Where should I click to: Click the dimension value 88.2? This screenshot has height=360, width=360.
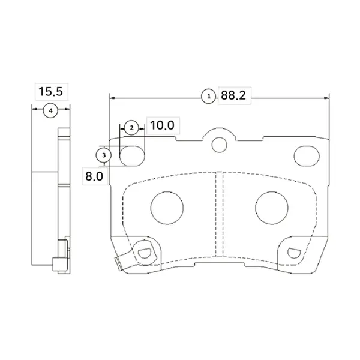tap(233, 95)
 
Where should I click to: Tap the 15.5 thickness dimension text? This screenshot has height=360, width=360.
tap(50, 91)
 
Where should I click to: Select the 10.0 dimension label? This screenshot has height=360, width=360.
tap(162, 125)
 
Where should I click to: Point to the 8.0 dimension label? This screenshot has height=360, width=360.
tap(94, 176)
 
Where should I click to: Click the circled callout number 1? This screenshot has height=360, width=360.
tap(208, 97)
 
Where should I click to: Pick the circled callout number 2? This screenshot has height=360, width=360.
tap(131, 128)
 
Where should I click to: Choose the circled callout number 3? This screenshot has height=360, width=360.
tap(104, 155)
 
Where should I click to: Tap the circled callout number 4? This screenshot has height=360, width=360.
tap(51, 111)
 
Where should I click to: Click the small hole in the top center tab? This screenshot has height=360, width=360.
tap(220, 145)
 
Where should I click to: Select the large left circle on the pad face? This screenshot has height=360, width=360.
tap(167, 208)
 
